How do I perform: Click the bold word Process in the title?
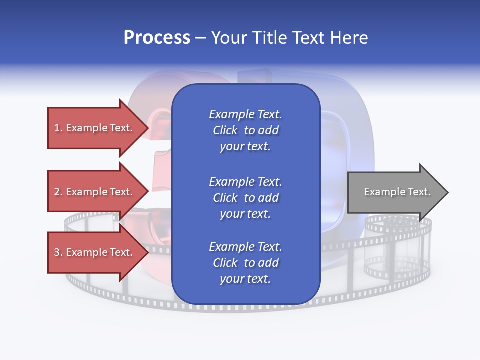[157, 38]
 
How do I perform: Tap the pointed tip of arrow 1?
[147, 128]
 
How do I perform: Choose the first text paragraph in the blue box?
[245, 130]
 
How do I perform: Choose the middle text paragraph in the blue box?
[245, 198]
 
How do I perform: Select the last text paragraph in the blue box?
[245, 263]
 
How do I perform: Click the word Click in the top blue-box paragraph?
[225, 130]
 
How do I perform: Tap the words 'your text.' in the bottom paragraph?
[245, 279]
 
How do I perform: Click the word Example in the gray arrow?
[380, 192]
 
